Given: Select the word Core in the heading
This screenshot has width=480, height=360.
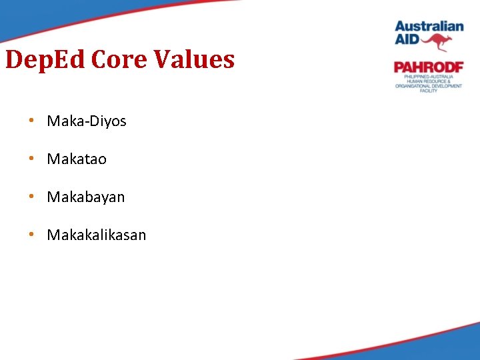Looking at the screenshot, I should [x=120, y=60].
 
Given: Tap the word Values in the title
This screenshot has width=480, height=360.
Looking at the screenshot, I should [x=195, y=60].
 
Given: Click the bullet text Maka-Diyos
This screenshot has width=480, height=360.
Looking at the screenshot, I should [x=87, y=121].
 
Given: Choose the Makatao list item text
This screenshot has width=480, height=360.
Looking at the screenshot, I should [x=77, y=159].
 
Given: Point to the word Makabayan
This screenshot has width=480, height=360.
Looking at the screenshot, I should [x=86, y=197].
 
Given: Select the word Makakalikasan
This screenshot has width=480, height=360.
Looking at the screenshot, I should [x=97, y=235].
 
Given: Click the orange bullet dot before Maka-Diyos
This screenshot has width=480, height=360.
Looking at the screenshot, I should [x=31, y=121].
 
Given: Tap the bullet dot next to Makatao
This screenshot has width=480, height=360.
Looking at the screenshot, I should [x=31, y=159].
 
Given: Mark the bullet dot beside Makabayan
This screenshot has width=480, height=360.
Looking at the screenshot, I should [x=31, y=197].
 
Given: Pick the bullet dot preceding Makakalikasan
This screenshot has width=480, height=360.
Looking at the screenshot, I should [x=31, y=235].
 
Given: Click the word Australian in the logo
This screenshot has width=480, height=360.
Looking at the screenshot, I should [x=429, y=27].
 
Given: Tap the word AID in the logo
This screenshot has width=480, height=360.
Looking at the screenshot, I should [x=407, y=40].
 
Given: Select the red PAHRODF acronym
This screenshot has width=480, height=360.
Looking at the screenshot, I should [x=428, y=67].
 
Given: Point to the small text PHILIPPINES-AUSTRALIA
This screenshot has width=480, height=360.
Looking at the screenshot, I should [x=428, y=77].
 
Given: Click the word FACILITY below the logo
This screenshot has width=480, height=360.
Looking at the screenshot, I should [x=429, y=91].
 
